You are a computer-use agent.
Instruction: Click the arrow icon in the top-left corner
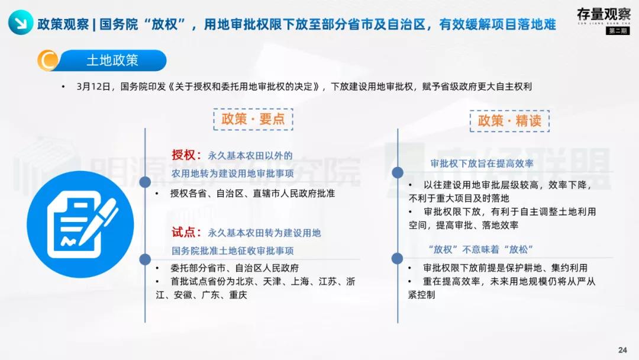(x=20, y=24)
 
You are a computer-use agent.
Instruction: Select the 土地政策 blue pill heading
(x=112, y=60)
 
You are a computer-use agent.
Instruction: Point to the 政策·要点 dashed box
(x=253, y=119)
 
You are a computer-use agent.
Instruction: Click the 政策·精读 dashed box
(x=509, y=121)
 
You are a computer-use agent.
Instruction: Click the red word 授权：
(x=187, y=155)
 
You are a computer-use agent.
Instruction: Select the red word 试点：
(x=187, y=233)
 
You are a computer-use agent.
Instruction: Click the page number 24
(x=622, y=350)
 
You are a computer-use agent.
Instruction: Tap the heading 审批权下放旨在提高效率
(x=482, y=164)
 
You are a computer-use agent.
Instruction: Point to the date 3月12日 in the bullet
(x=93, y=86)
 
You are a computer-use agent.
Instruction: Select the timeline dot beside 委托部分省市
(x=145, y=258)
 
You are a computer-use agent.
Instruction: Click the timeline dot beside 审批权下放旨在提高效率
(x=398, y=172)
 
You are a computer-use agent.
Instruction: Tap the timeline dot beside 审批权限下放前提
(x=398, y=258)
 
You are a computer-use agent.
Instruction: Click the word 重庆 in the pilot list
(x=238, y=294)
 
